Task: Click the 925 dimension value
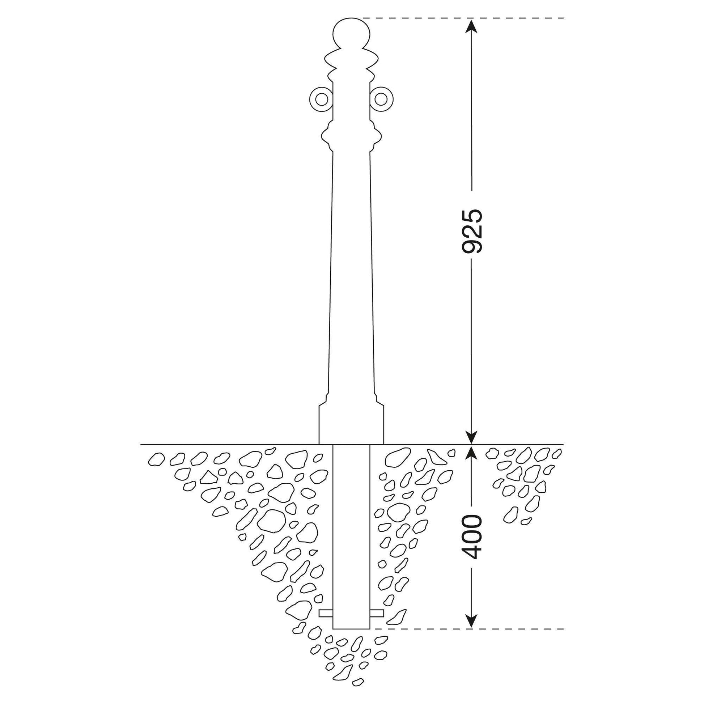(471, 231)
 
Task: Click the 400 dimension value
(471, 537)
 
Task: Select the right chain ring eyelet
(383, 99)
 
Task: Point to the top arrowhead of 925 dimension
(471, 26)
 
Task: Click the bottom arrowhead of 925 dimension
(471, 437)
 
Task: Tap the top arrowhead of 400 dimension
(471, 453)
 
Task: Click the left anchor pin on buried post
(326, 613)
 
